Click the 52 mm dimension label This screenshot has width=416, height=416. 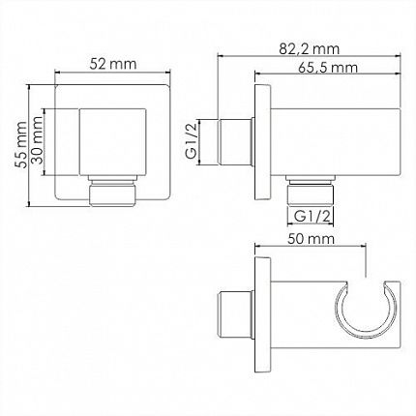[x=113, y=64]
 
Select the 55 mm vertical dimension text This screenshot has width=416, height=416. [x=22, y=144]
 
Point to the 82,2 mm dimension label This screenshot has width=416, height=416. [x=310, y=49]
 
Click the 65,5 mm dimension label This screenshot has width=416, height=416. [x=328, y=68]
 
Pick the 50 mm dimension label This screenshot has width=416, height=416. [x=311, y=239]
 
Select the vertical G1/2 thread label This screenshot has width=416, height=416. [x=192, y=141]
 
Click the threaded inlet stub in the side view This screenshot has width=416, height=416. [x=234, y=142]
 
